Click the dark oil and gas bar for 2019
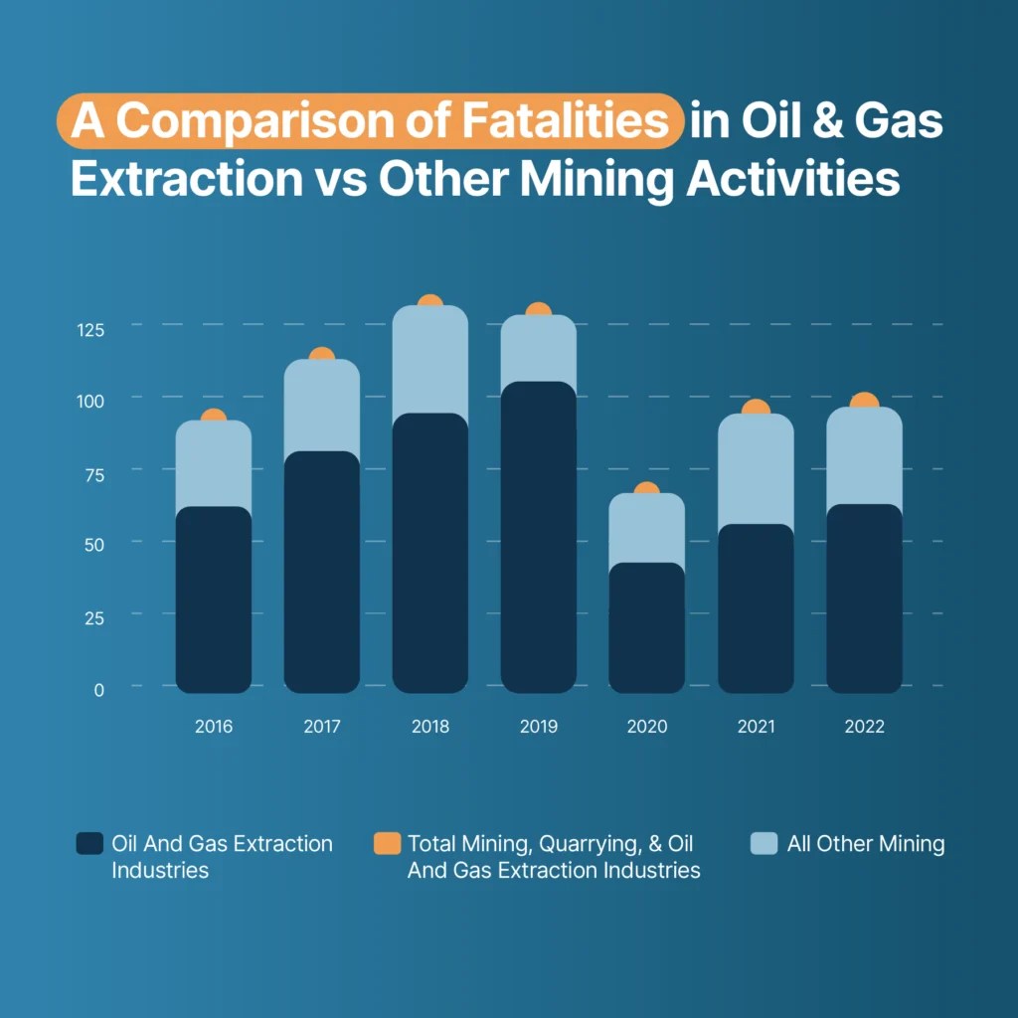pyautogui.click(x=538, y=537)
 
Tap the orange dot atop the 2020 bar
pyautogui.click(x=646, y=489)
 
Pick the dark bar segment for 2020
pyautogui.click(x=646, y=626)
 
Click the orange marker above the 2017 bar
pyautogui.click(x=322, y=355)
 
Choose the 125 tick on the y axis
pyautogui.click(x=90, y=330)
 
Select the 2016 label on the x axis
pyautogui.click(x=214, y=727)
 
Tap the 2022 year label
pyautogui.click(x=864, y=727)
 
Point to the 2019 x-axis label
pyautogui.click(x=538, y=727)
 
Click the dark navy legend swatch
pyautogui.click(x=89, y=844)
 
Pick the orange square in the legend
pyautogui.click(x=386, y=844)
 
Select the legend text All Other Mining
pyautogui.click(x=865, y=844)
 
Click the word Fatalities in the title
pyautogui.click(x=566, y=121)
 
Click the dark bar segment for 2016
pyautogui.click(x=214, y=596)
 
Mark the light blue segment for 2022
pyautogui.click(x=864, y=457)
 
